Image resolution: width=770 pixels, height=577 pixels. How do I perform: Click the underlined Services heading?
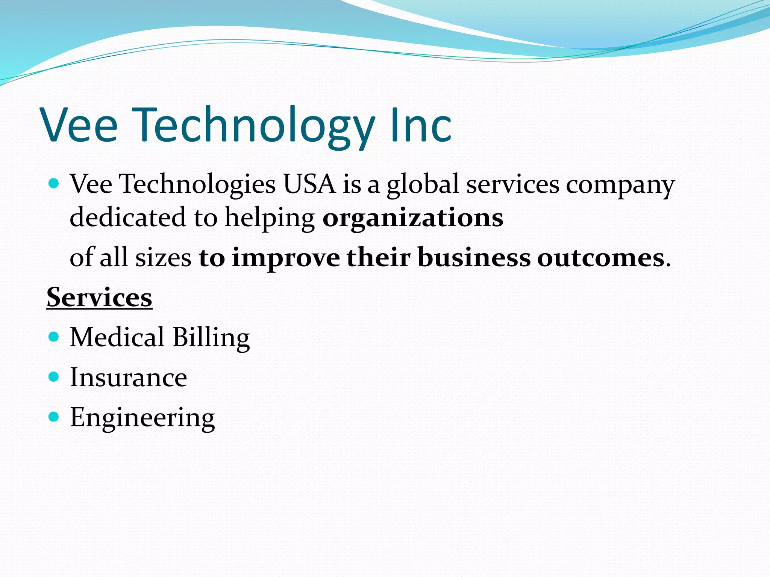coord(100,298)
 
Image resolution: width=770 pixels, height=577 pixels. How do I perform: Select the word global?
coord(423,185)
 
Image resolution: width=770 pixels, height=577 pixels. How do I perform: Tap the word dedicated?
coord(128,218)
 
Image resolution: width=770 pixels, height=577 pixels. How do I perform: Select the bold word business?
coord(474,258)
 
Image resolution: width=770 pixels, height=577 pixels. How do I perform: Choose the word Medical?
coord(117,337)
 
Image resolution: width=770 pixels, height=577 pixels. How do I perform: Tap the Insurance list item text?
coord(128,378)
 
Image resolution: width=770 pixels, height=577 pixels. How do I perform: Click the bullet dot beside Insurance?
coord(54,376)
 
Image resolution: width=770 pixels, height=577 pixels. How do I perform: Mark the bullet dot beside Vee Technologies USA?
coord(54,183)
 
